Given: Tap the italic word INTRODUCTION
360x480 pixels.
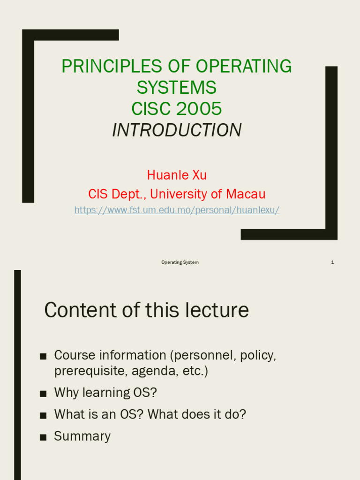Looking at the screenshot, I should coord(177,130).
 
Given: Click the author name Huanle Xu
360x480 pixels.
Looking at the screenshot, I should coord(177,175).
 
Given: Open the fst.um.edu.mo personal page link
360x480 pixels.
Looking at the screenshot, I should coord(177,210).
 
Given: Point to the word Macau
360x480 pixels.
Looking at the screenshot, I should coord(246,194).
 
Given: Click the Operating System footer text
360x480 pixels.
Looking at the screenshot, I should coord(180,262).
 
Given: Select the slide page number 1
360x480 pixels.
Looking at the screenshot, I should coord(332,262).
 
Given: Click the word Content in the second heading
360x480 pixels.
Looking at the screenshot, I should coord(79,310).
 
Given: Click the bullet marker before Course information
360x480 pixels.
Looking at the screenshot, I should coord(43,357).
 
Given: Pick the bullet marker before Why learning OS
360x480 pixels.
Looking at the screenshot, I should coord(43,394).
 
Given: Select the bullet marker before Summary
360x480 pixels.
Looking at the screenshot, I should coord(43,437).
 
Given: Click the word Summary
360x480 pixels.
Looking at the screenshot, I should coord(82,436).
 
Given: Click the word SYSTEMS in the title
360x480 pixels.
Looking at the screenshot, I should coord(177,88).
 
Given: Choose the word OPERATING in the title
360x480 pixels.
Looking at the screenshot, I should coord(244,67).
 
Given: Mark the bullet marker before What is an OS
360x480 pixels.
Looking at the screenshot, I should coord(43,416).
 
